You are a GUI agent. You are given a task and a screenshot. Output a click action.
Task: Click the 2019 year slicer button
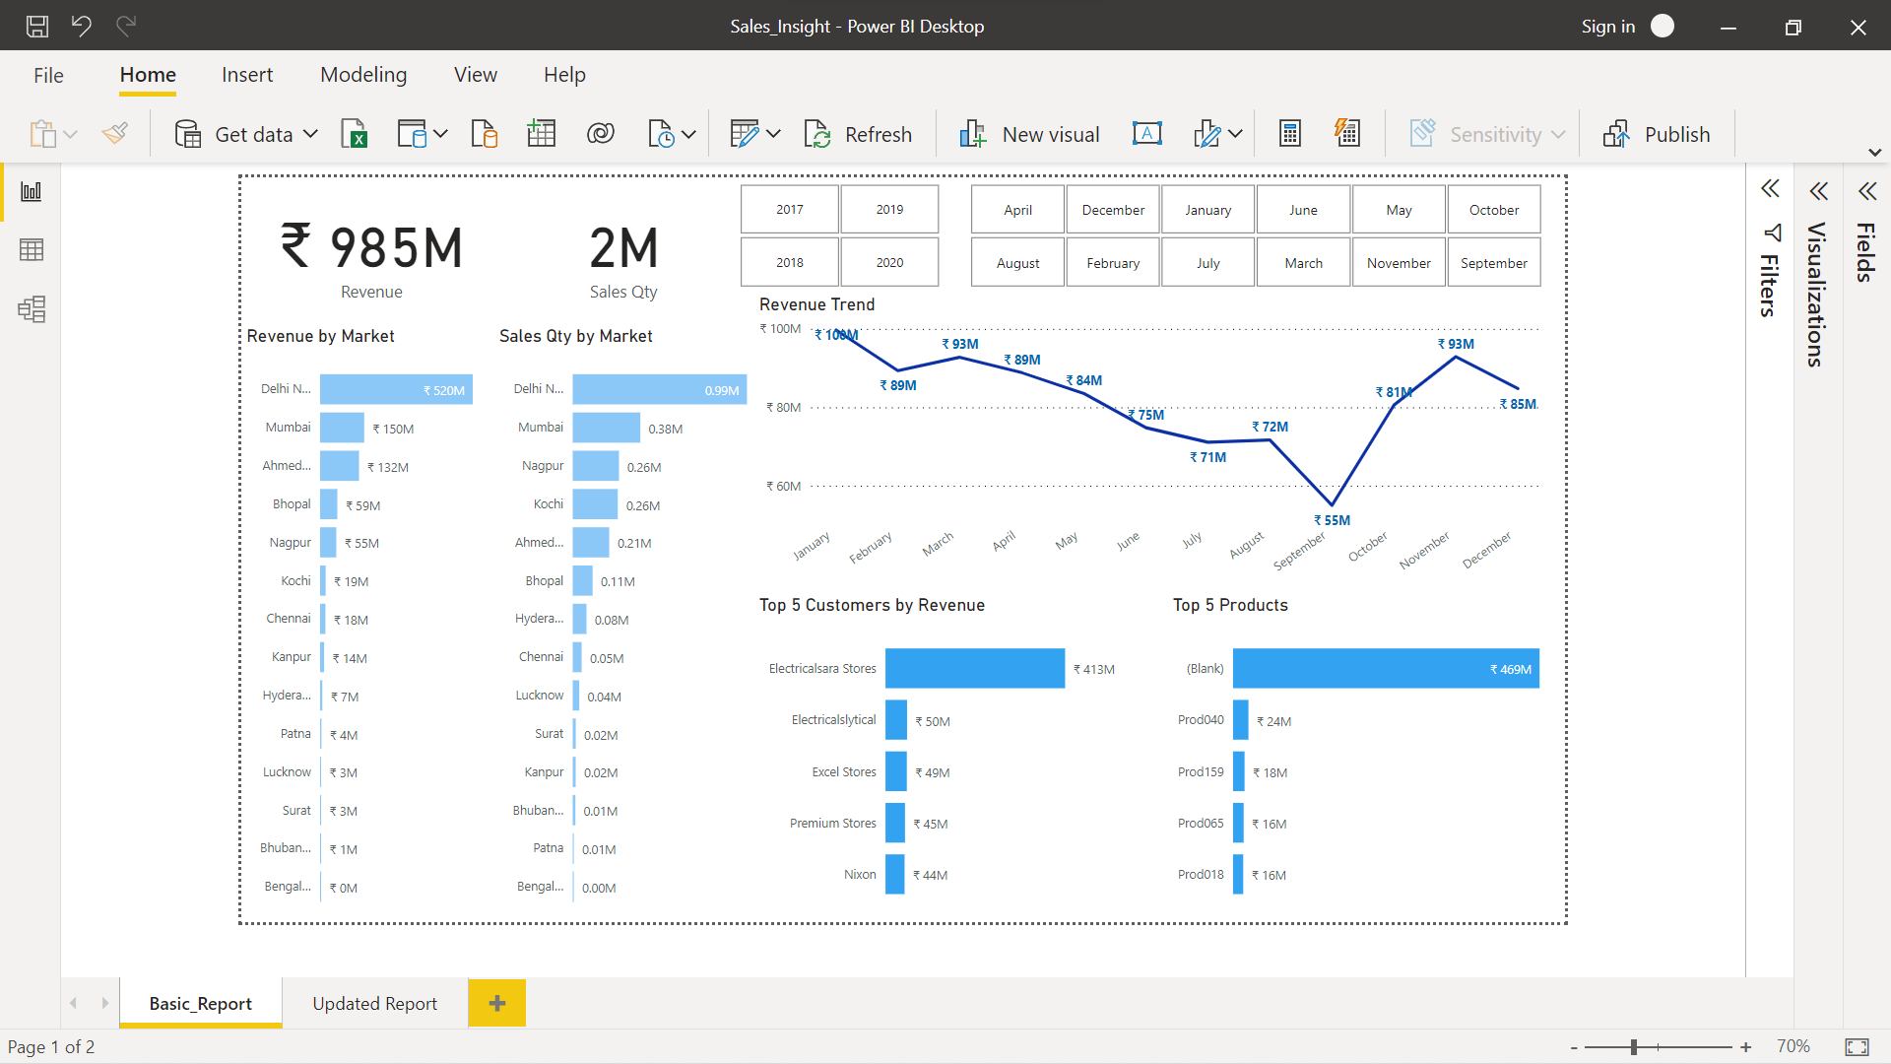pyautogui.click(x=889, y=210)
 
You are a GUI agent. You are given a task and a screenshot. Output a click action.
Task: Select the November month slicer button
pyautogui.click(x=1399, y=263)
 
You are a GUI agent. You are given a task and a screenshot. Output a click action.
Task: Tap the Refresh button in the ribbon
pyautogui.click(x=859, y=134)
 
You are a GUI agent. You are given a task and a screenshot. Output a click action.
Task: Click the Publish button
pyautogui.click(x=1658, y=134)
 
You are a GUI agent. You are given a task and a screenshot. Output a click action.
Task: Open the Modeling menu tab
pyautogui.click(x=363, y=75)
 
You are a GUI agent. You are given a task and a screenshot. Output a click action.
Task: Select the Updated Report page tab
pyautogui.click(x=374, y=1003)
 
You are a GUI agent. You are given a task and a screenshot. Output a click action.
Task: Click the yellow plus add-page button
pyautogui.click(x=497, y=1003)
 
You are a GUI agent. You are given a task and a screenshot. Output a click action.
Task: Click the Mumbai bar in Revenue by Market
pyautogui.click(x=342, y=428)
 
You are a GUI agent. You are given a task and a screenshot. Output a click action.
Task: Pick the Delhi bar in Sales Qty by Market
pyautogui.click(x=659, y=389)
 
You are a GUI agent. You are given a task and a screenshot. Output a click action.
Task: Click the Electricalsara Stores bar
pyautogui.click(x=974, y=668)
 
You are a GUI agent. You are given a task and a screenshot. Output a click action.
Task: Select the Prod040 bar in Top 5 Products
pyautogui.click(x=1241, y=720)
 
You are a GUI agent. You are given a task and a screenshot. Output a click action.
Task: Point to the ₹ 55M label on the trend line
pyautogui.click(x=1333, y=520)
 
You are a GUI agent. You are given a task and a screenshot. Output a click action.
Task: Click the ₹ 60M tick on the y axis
pyautogui.click(x=784, y=486)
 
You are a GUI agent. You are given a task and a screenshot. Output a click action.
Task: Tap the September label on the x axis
pyautogui.click(x=1299, y=552)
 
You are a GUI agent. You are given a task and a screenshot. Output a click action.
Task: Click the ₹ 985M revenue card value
pyautogui.click(x=372, y=247)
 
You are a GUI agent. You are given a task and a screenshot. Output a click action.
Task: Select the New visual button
pyautogui.click(x=1030, y=134)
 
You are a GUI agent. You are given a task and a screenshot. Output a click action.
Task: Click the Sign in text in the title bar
pyautogui.click(x=1607, y=27)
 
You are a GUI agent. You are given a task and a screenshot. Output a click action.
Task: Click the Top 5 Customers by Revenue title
pyautogui.click(x=872, y=605)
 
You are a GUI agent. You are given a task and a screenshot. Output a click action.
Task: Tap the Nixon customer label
pyautogui.click(x=860, y=874)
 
